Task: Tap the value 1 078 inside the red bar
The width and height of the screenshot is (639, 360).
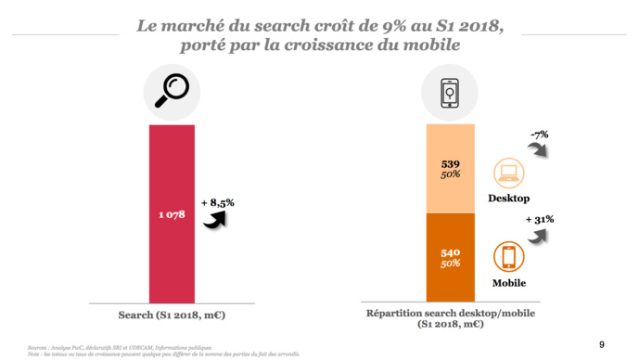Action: click(x=172, y=214)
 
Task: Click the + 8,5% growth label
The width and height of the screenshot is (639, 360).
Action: click(x=217, y=201)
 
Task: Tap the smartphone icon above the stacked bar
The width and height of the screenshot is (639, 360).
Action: click(x=450, y=92)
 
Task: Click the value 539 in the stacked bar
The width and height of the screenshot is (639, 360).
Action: click(x=450, y=164)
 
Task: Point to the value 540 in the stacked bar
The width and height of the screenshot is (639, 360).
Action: click(x=450, y=252)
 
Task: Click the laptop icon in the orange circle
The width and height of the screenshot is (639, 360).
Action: click(x=508, y=173)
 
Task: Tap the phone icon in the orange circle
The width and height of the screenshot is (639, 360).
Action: click(x=508, y=257)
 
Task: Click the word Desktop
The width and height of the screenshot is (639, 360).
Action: click(x=508, y=199)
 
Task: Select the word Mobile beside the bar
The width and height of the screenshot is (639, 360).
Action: click(x=508, y=283)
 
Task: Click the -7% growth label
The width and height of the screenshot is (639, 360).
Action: click(x=539, y=135)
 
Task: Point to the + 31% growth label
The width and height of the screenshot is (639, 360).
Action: click(x=539, y=219)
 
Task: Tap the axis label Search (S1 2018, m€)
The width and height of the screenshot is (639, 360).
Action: click(x=172, y=315)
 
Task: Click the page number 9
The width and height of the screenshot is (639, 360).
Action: click(x=602, y=343)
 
